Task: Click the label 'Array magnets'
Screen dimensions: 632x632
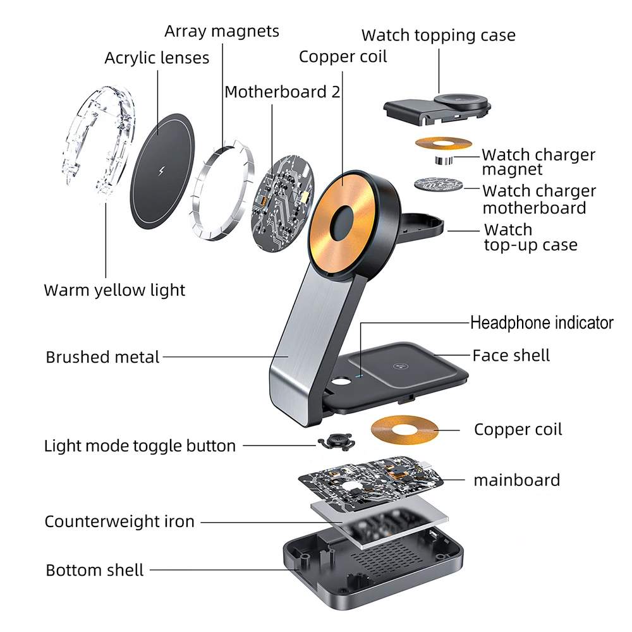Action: pos(222,31)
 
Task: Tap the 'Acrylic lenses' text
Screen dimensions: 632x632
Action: pos(157,58)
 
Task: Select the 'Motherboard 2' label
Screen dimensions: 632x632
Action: pos(282,92)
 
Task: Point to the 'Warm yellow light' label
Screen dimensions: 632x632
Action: pos(114,291)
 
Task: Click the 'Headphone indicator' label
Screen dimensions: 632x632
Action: pos(542,323)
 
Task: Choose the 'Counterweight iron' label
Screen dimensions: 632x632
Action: pos(119,522)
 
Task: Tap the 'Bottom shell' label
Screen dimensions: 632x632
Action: pos(95,570)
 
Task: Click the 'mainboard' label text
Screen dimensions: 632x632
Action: pos(516,480)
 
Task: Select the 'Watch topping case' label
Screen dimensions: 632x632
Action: pos(438,35)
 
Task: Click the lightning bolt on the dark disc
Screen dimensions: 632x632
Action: pos(159,173)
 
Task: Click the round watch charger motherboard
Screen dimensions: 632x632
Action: pos(438,186)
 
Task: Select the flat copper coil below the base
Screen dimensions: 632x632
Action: pos(404,428)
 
